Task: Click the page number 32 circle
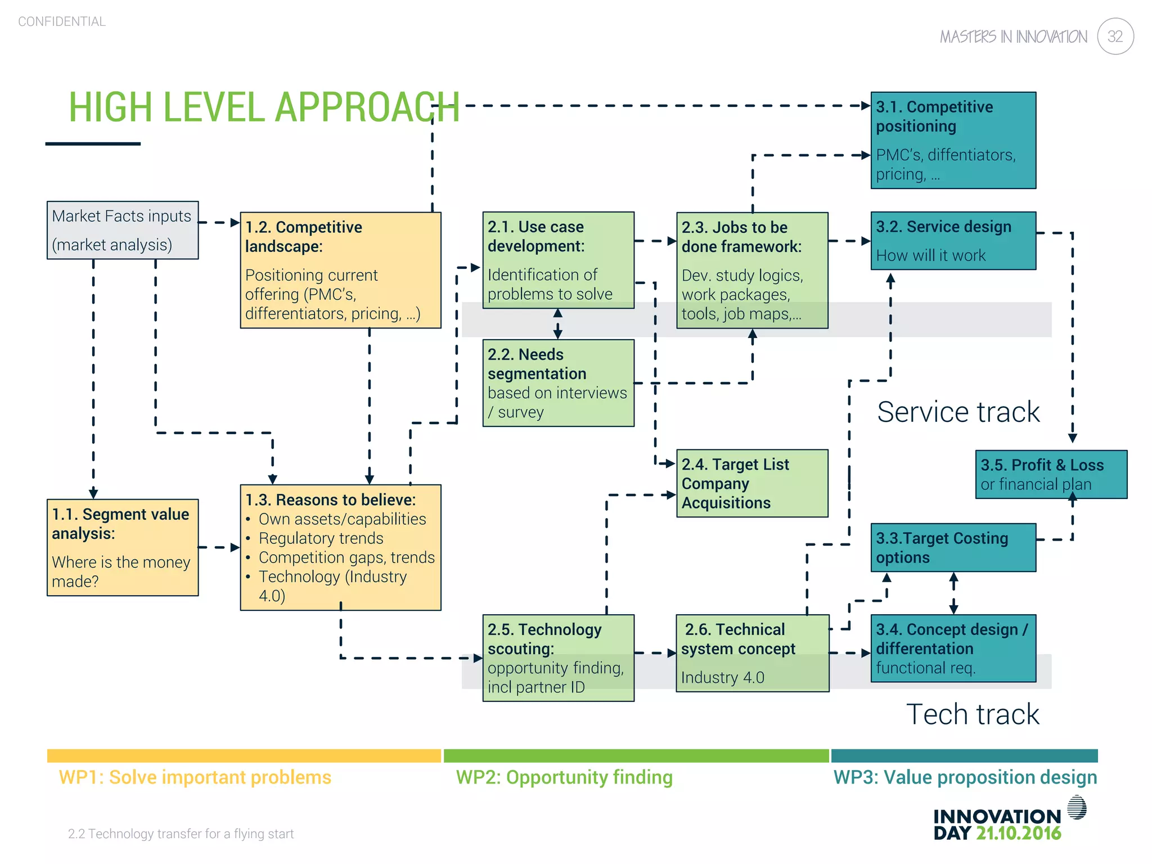1115,37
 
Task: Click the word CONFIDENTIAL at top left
62,21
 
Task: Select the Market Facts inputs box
122,230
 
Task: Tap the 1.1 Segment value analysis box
122,547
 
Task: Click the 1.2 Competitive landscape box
340,270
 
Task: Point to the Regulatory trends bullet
321,538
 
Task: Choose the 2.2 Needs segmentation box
558,382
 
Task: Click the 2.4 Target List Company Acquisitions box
751,483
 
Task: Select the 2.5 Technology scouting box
558,658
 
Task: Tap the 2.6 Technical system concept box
751,652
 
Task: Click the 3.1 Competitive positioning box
953,140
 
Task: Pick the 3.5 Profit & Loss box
1051,474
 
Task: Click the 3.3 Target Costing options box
953,547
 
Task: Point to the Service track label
958,412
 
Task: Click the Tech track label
973,714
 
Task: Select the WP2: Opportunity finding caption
564,777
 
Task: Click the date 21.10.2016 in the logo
1018,834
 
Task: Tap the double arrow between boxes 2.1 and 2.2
558,323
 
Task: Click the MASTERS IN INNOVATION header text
1013,37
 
